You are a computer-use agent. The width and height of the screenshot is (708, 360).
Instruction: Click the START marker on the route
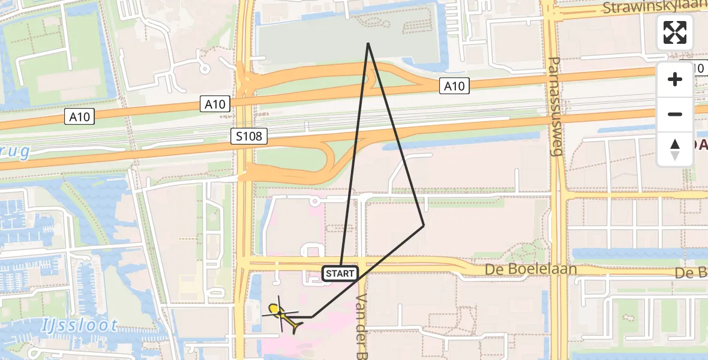coord(341,274)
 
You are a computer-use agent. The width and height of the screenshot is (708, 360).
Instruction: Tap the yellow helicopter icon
coord(284,314)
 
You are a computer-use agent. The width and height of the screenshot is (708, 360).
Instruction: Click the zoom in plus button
coord(675,80)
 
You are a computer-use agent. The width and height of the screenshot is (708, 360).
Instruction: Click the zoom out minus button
coord(675,114)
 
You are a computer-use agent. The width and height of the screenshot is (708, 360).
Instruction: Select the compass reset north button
coord(675,149)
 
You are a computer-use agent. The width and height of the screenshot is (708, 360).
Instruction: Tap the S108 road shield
coord(249,137)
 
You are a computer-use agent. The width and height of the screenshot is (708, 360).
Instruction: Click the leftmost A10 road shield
coord(79,116)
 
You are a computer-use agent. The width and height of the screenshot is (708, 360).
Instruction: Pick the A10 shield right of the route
coord(454,86)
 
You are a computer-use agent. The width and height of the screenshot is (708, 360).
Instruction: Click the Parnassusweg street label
coord(555,107)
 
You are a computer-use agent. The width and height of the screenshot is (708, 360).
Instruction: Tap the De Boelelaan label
coord(531,269)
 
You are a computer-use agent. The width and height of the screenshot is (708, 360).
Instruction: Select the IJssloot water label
coord(80,326)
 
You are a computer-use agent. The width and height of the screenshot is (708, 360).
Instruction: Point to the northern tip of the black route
coord(368,43)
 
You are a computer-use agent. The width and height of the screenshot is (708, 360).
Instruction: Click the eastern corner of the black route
coord(424,226)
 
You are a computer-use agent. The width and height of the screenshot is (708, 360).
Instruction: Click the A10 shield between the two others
coord(214,104)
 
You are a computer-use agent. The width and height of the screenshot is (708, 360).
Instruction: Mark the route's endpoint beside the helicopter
coord(313,316)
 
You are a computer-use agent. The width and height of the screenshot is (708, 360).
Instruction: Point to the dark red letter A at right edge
coord(700,144)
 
